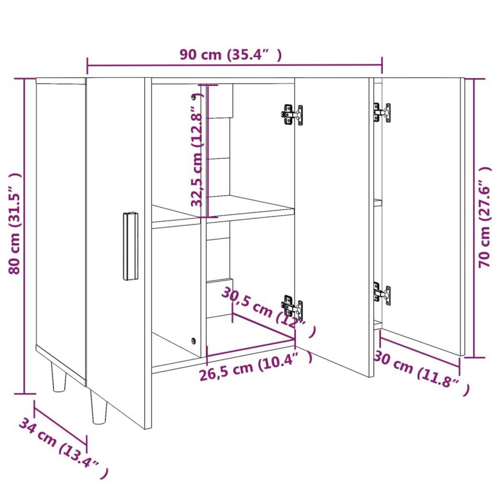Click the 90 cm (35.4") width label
click(230, 55)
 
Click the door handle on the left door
click(130, 246)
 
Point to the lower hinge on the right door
click(382, 293)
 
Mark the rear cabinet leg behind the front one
click(59, 377)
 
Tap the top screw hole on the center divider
click(193, 97)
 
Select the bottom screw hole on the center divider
click(193, 340)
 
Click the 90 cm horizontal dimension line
click(235, 65)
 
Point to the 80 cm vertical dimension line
click(24, 236)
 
